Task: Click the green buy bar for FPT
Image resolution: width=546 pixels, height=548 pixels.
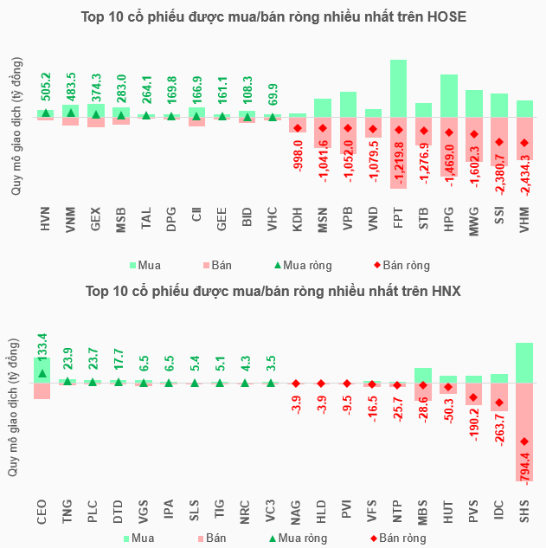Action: [398, 88]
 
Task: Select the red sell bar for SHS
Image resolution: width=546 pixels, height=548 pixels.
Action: [524, 432]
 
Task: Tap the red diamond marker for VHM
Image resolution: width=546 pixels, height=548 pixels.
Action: [524, 144]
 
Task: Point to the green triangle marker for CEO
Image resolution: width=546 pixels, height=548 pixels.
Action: [42, 374]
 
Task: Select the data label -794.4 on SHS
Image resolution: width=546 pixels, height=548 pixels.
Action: [525, 459]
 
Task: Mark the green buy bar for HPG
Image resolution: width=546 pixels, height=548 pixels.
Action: [448, 95]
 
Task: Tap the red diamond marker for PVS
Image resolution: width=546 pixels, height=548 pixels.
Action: [473, 398]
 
